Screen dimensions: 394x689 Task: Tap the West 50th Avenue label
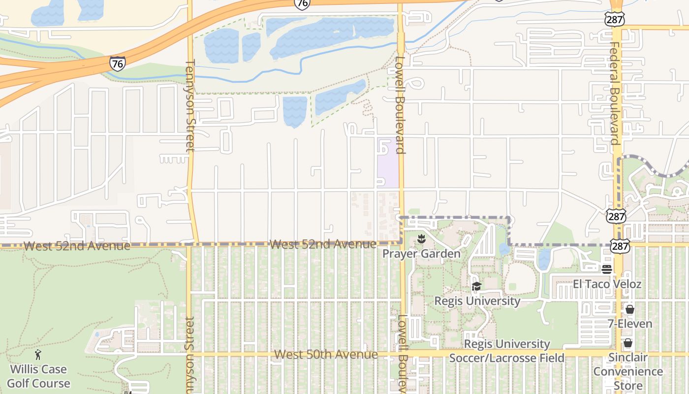coord(326,354)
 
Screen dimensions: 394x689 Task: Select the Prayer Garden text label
coord(422,254)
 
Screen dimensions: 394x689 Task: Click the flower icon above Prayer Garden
coord(421,240)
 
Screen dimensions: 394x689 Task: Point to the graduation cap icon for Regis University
coord(476,286)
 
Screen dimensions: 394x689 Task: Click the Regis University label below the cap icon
coord(477,300)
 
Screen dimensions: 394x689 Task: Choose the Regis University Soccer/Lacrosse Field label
coord(507,351)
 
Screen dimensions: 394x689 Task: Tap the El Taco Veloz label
coord(607,284)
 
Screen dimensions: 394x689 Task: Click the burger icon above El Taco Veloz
coord(607,269)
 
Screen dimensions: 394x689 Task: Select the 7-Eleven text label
coord(629,324)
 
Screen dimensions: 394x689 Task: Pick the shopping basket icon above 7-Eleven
coord(629,309)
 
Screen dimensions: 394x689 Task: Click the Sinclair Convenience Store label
coord(628,371)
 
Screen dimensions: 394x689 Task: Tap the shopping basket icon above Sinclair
coord(627,343)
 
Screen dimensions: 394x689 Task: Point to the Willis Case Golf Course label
coord(39,376)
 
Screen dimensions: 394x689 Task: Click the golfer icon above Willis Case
coord(38,355)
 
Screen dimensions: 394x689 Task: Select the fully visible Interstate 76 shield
coord(117,64)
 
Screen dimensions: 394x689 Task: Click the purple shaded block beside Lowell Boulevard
coord(387,163)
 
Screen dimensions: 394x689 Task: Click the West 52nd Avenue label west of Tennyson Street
coord(77,245)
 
